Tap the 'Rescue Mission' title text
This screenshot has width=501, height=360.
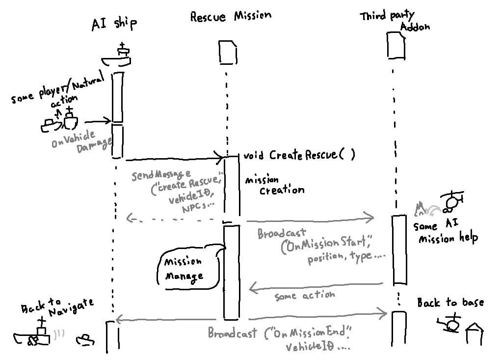click(x=230, y=16)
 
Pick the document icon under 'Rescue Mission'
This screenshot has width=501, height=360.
click(x=227, y=53)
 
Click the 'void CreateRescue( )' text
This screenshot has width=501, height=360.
click(x=299, y=156)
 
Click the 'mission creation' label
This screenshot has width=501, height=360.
click(x=275, y=185)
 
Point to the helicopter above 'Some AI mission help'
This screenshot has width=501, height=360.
click(x=451, y=201)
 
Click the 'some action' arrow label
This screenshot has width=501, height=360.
click(x=305, y=295)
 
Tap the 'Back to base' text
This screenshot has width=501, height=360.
click(x=450, y=303)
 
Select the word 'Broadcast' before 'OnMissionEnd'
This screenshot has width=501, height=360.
click(x=232, y=333)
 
